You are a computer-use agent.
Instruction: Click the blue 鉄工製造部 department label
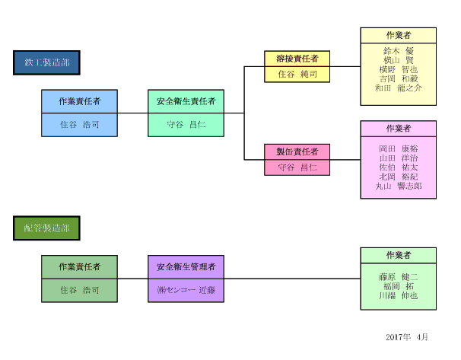pyautogui.click(x=46, y=62)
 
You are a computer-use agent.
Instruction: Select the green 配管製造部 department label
pyautogui.click(x=46, y=228)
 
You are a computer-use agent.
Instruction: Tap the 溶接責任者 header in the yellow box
pyautogui.click(x=297, y=59)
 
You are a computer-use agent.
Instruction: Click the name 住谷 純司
pyautogui.click(x=297, y=75)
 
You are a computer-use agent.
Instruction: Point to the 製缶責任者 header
pyautogui.click(x=297, y=151)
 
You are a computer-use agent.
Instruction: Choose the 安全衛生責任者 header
pyautogui.click(x=186, y=100)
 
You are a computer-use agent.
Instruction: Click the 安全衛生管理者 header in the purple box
pyautogui.click(x=186, y=267)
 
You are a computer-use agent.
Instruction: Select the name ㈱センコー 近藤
pyautogui.click(x=186, y=290)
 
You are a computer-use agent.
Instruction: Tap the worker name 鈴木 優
pyautogui.click(x=398, y=50)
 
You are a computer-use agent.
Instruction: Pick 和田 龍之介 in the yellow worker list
pyautogui.click(x=398, y=88)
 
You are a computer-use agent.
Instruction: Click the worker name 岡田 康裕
pyautogui.click(x=398, y=148)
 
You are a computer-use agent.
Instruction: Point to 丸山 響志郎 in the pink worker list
pyautogui.click(x=398, y=186)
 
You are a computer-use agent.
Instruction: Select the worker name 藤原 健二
pyautogui.click(x=398, y=276)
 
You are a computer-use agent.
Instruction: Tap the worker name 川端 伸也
pyautogui.click(x=398, y=295)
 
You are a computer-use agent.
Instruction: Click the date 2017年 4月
pyautogui.click(x=407, y=336)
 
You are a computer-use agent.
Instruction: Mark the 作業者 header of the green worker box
pyautogui.click(x=398, y=255)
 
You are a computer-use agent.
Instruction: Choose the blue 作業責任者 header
pyautogui.click(x=79, y=100)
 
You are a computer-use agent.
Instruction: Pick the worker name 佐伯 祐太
pyautogui.click(x=398, y=167)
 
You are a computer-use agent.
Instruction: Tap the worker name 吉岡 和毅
pyautogui.click(x=398, y=78)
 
